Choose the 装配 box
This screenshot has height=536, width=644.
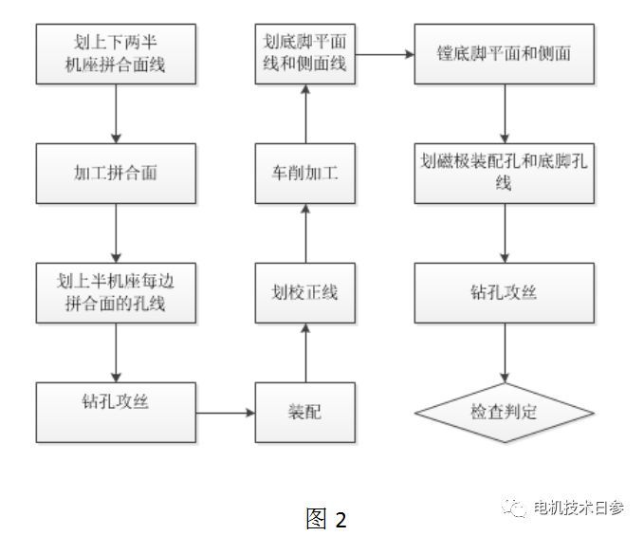(x=306, y=413)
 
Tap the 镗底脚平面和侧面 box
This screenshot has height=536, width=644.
(x=504, y=54)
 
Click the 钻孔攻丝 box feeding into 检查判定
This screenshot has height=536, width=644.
(x=504, y=293)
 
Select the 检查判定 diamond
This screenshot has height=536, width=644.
(x=504, y=412)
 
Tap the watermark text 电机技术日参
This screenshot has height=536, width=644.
(x=578, y=508)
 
